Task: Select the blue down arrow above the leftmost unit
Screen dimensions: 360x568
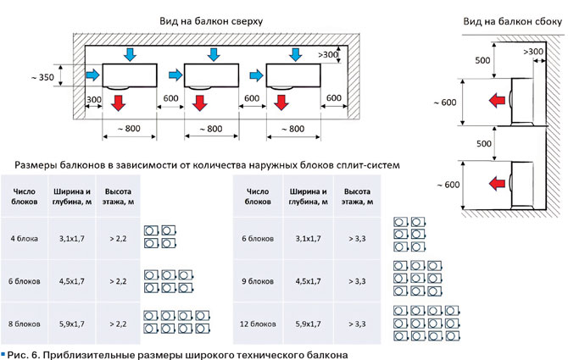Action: [x=129, y=55]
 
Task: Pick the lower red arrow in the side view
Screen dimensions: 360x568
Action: [x=490, y=182]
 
